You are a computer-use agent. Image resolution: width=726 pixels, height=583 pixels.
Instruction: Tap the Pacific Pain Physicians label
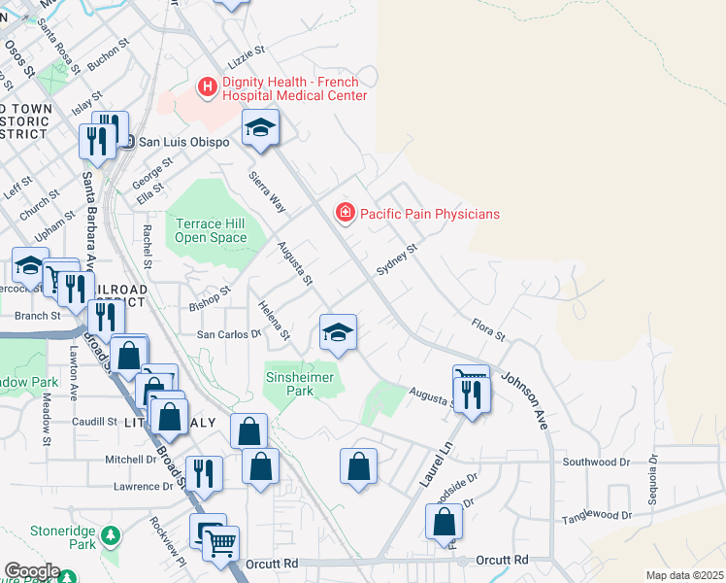coord(428,213)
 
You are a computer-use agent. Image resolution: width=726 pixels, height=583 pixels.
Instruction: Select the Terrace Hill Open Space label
coord(211,230)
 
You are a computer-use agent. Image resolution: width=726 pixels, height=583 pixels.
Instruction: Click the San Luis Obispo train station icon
coord(126,142)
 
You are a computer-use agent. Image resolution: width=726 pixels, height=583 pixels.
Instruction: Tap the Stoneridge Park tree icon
coord(112,535)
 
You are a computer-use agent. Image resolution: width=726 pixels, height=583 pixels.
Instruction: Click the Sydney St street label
coord(396,260)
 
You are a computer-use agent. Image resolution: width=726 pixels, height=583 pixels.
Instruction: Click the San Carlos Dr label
coord(230,333)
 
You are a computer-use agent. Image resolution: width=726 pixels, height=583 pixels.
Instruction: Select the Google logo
coord(31,571)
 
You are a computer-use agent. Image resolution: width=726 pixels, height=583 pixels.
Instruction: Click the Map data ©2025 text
coord(684,575)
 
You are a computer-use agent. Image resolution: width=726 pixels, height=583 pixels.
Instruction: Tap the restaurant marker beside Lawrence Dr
coord(204,473)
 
